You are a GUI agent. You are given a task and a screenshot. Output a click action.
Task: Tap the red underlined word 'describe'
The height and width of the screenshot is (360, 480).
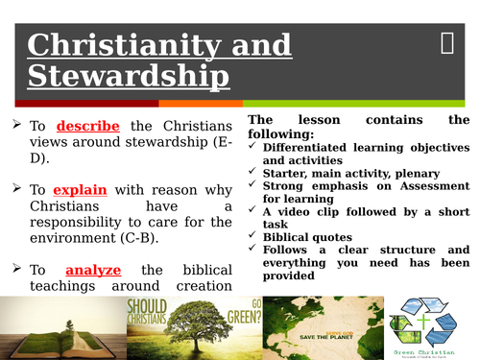coord(87,126)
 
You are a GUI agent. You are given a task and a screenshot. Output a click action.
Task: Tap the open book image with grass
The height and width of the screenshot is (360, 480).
coord(57,327)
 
